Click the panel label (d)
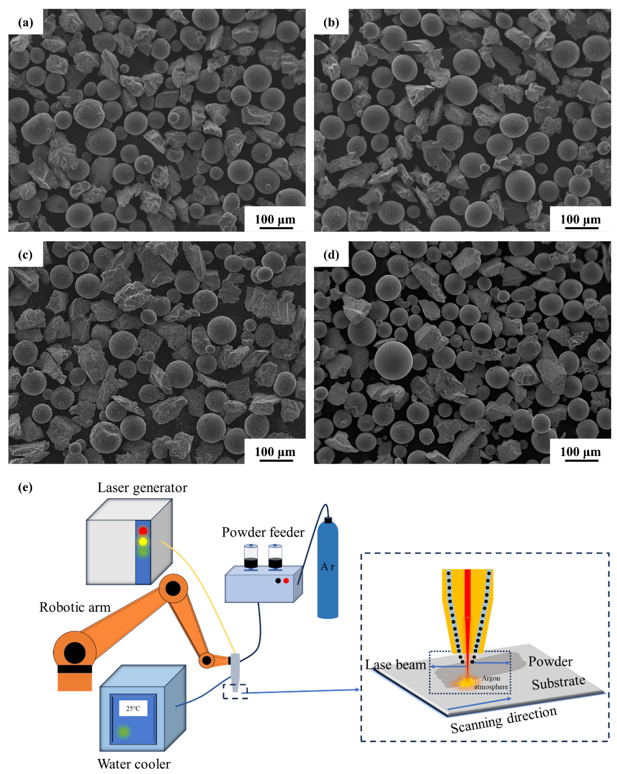[331, 255]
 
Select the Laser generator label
[142, 488]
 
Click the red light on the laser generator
[143, 531]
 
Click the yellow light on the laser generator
[143, 541]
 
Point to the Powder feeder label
[263, 532]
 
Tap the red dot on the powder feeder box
[286, 580]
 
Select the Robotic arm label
[75, 607]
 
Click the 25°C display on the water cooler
[133, 709]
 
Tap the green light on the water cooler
[123, 731]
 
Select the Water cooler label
[134, 764]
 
